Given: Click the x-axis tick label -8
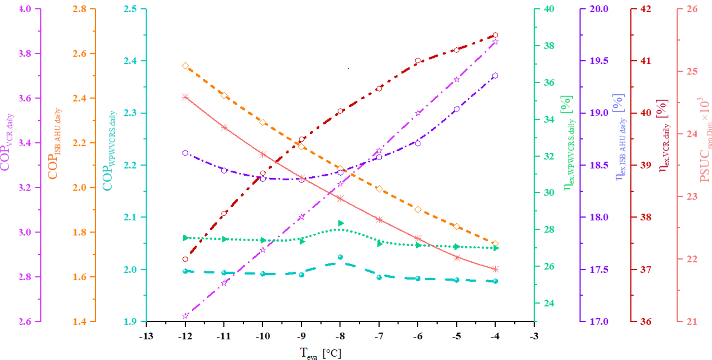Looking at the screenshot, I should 340,337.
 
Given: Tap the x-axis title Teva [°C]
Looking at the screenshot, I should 320,353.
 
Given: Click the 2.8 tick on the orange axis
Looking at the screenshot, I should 79,9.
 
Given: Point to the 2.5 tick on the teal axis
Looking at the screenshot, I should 130,9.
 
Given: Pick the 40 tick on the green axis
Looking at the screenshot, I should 549,9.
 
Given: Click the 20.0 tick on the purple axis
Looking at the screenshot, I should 599,9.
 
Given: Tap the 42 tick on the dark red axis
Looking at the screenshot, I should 646,9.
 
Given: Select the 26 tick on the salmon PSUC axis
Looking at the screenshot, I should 692,9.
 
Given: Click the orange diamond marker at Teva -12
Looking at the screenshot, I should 185,66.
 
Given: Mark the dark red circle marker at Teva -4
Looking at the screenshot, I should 495,35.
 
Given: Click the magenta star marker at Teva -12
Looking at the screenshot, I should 185,316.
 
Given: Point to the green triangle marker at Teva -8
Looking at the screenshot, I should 341,223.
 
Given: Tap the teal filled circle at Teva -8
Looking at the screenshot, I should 340,257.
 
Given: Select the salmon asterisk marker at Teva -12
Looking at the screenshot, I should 185,97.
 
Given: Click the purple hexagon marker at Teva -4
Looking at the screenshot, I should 495,76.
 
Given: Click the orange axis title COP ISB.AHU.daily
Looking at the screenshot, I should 54,144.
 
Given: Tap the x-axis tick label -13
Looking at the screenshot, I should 147,337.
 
